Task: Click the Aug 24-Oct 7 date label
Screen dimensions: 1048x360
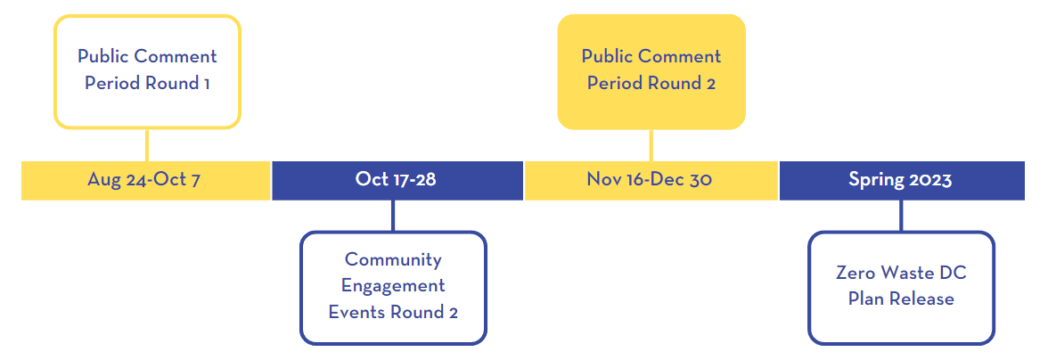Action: pyautogui.click(x=143, y=180)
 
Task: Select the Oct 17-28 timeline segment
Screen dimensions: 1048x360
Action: pyautogui.click(x=397, y=180)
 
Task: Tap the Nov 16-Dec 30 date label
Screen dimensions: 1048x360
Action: pyautogui.click(x=649, y=180)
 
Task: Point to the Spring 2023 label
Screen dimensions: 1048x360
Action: pyautogui.click(x=900, y=180)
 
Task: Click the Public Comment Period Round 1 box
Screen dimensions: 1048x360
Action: pyautogui.click(x=147, y=71)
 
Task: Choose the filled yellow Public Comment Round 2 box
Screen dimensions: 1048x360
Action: pyautogui.click(x=651, y=71)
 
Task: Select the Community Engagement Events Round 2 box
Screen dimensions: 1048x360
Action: pyautogui.click(x=393, y=288)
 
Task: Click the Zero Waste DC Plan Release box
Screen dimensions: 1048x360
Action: pyautogui.click(x=901, y=288)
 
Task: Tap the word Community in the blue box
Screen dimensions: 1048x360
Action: pyautogui.click(x=393, y=259)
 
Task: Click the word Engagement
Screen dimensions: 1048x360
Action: pyautogui.click(x=393, y=286)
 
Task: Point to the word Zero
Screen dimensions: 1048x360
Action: pyautogui.click(x=854, y=274)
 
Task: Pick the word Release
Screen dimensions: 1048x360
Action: pyautogui.click(x=921, y=299)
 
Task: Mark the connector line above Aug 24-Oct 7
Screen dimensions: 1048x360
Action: pyautogui.click(x=147, y=145)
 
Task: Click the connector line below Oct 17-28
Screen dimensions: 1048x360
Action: pyautogui.click(x=393, y=215)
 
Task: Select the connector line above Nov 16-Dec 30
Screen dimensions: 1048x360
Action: pyautogui.click(x=651, y=145)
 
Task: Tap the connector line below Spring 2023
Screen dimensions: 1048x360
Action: pyautogui.click(x=901, y=215)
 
